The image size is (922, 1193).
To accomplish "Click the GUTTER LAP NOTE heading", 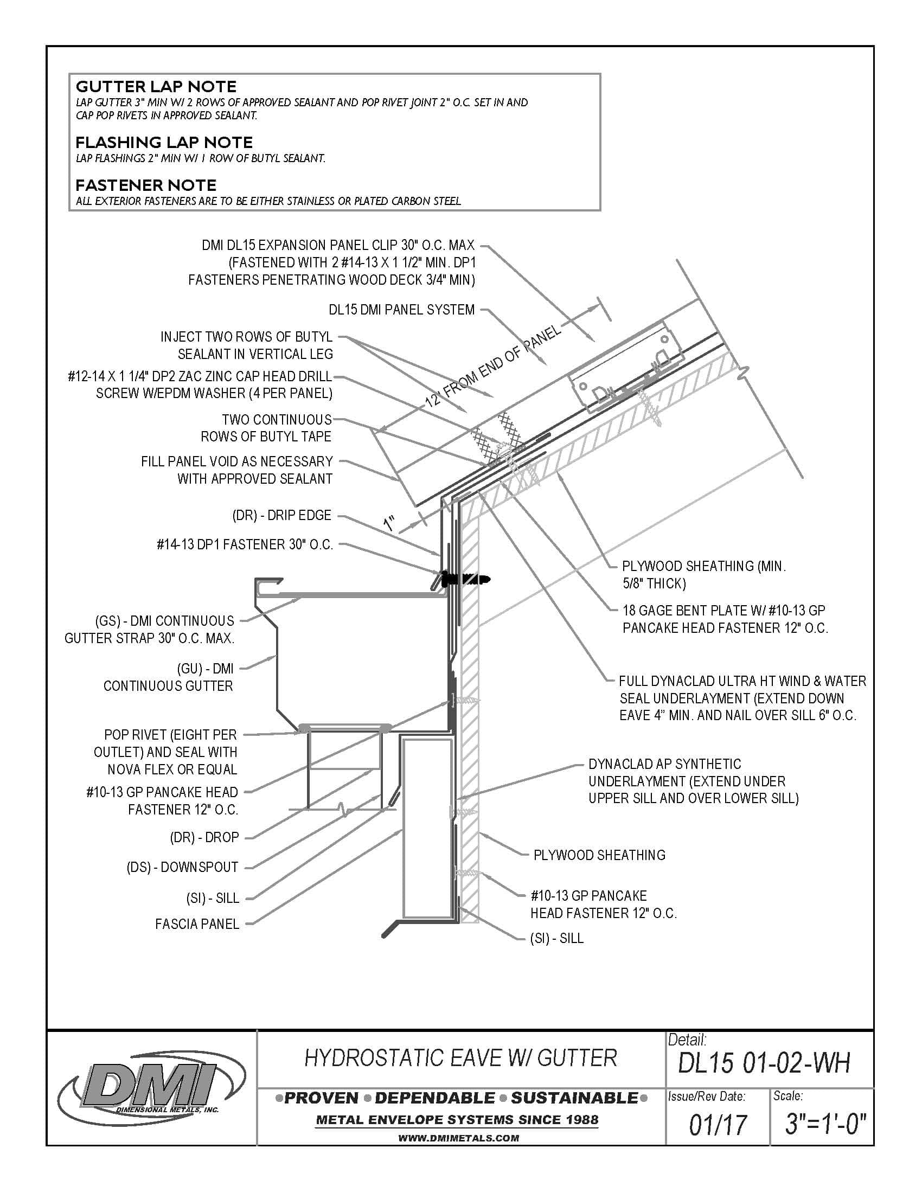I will pyautogui.click(x=156, y=87).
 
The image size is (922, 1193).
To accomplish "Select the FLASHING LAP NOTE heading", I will pyautogui.click(x=164, y=143).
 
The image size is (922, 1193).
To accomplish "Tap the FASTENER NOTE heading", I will pyautogui.click(x=146, y=185).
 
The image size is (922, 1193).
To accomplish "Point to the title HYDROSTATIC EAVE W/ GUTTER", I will pyautogui.click(x=460, y=1058).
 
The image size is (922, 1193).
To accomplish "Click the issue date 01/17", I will pyautogui.click(x=718, y=1125).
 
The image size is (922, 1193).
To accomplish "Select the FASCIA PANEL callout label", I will pyautogui.click(x=197, y=923).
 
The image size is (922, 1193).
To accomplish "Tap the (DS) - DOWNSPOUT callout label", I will pyautogui.click(x=182, y=867).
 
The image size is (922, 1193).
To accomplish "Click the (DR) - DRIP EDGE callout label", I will pyautogui.click(x=282, y=515).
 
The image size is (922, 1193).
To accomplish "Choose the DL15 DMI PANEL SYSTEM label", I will pyautogui.click(x=401, y=310).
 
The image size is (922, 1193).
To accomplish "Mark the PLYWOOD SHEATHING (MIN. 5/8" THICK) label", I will pyautogui.click(x=703, y=575).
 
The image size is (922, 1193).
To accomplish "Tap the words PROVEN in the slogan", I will pyautogui.click(x=321, y=1099).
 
